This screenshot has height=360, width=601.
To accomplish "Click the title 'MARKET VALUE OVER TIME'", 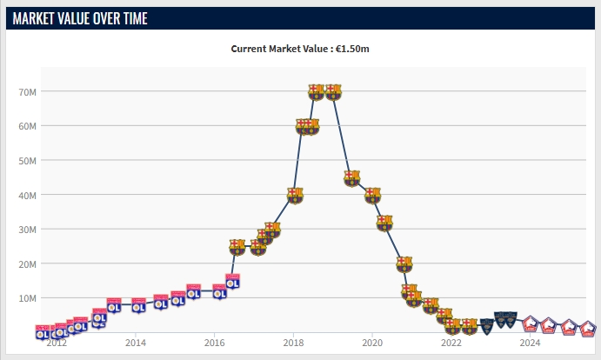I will coord(80,18).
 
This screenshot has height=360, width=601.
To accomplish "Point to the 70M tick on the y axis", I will coord(27,91).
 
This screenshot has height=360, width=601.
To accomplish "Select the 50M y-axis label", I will coord(27,161).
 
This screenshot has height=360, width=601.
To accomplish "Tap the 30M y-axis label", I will coord(27,230).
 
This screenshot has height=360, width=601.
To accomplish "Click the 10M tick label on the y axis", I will coord(27,298).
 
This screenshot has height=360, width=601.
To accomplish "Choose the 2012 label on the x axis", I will coord(57,343).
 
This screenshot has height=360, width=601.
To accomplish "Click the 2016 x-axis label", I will coord(214,343).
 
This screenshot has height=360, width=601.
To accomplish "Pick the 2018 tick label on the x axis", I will coord(293,343).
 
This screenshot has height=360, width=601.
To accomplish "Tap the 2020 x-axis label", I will coord(372,343).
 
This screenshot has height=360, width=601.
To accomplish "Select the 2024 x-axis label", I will coord(530,343).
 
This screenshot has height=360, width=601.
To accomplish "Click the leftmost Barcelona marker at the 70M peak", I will coord(317,91).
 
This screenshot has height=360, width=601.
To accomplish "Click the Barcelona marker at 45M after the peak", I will coord(352,178).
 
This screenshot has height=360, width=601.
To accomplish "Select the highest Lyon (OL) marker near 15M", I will coord(232,281).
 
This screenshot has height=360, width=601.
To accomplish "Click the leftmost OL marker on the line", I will coord(42,332).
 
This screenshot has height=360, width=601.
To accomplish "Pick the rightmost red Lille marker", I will coord(588,329).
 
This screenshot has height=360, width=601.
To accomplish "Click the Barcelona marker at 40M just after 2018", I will coord(295,195).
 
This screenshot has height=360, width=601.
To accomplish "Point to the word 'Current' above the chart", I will coord(250,49).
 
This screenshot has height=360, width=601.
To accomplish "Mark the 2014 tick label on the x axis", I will coord(136,343).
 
